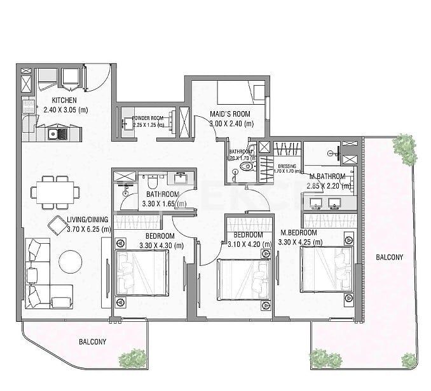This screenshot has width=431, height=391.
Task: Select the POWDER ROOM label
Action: (148, 118)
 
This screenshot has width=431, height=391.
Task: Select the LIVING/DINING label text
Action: (89, 220)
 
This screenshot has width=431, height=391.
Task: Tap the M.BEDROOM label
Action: (299, 233)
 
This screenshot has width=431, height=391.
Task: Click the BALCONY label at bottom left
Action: (93, 341)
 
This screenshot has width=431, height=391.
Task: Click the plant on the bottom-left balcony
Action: (134, 358)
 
